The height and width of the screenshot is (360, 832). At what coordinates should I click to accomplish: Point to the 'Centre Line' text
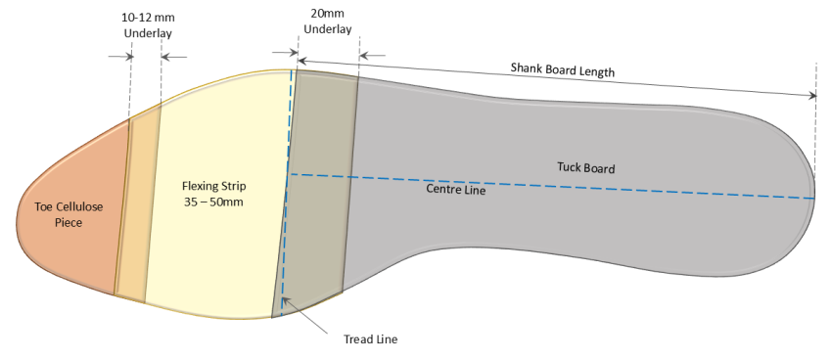tap(456, 190)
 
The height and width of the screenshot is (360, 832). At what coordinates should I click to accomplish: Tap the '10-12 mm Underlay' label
tap(146, 26)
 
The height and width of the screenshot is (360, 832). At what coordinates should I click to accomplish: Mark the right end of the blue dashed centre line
tap(812, 198)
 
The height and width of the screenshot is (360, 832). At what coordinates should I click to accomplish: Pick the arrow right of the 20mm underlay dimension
tap(374, 54)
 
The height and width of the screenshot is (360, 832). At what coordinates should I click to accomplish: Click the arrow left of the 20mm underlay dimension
tap(282, 54)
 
